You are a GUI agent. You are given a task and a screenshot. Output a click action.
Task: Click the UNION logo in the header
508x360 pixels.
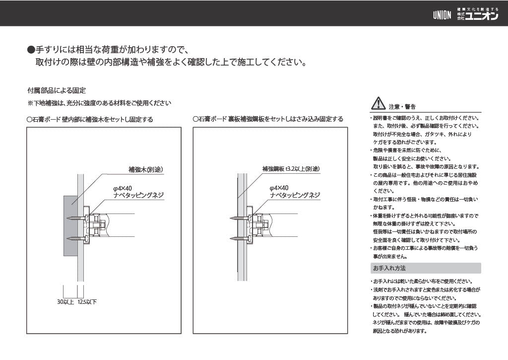coord(442,15)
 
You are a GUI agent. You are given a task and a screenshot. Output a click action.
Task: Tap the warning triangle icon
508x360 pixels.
coord(378,103)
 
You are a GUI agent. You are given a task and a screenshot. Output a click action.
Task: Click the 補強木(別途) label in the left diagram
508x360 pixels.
coord(145,169)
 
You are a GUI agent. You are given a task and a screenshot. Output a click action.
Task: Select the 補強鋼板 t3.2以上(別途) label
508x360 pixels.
coord(291,169)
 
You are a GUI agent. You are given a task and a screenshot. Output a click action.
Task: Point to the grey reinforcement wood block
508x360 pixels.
coord(70,226)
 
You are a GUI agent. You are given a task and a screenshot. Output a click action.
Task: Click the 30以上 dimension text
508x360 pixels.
coord(65,302)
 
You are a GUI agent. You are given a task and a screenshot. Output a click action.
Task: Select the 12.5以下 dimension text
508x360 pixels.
coord(87,302)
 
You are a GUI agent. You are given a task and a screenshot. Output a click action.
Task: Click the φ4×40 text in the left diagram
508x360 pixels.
coord(123,188)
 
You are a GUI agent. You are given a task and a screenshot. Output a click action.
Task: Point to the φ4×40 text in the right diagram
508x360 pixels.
coord(279,188)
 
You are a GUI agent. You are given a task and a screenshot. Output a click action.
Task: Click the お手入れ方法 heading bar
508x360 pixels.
coord(425,268)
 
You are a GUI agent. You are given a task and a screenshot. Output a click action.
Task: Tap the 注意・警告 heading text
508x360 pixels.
coord(402,107)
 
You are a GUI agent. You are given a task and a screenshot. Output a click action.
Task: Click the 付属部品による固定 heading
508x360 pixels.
coord(57,90)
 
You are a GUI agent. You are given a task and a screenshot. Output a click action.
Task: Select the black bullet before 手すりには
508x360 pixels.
coord(31,50)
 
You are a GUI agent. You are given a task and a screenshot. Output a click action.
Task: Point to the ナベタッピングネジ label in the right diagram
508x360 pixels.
coord(295,195)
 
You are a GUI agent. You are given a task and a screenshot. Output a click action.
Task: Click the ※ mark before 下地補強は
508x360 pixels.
coord(30,103)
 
